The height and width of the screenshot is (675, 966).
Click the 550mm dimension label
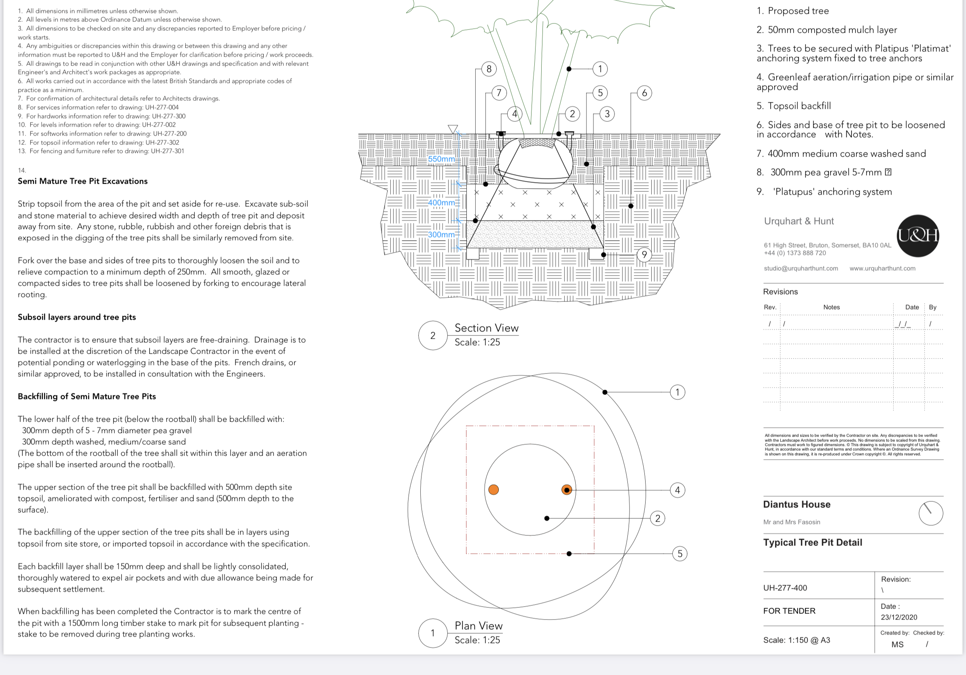click(x=441, y=159)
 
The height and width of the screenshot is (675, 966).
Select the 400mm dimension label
click(x=441, y=202)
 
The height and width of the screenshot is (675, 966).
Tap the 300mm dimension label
click(x=441, y=234)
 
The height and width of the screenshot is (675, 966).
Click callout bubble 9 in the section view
click(x=644, y=255)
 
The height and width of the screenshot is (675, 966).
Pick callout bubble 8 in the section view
click(x=489, y=69)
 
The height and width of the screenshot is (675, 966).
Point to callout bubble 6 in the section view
click(x=644, y=93)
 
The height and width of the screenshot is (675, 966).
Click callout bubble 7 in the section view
click(x=499, y=93)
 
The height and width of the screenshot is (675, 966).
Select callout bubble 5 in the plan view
click(x=680, y=553)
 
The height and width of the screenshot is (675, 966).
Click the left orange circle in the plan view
click(x=494, y=489)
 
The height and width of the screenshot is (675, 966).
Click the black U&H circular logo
click(x=917, y=236)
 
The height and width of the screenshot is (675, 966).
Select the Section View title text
click(x=486, y=328)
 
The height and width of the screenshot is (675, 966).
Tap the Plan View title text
click(x=479, y=626)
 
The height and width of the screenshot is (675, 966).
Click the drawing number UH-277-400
click(x=785, y=588)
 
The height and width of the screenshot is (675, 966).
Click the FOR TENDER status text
click(x=789, y=611)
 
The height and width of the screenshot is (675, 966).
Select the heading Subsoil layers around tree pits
click(x=76, y=317)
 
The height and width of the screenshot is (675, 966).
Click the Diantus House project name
click(x=797, y=504)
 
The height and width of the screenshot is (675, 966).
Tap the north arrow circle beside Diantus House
click(x=931, y=513)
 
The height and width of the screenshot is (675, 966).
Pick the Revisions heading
click(x=780, y=292)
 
